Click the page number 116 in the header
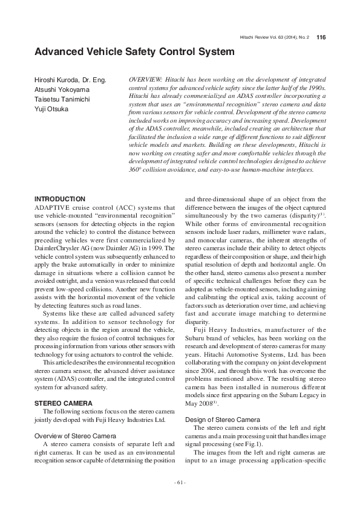point(321,37)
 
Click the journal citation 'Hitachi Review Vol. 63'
point(266,37)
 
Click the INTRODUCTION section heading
point(60,199)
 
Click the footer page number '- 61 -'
point(180,482)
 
